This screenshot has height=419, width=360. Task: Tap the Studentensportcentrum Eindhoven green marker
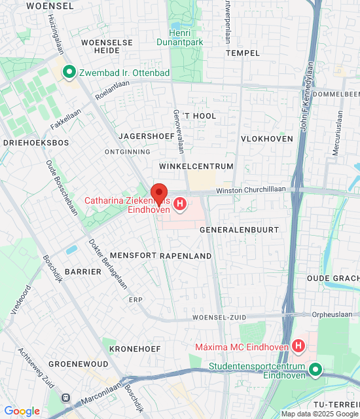315,370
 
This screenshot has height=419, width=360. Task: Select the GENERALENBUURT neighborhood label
239,230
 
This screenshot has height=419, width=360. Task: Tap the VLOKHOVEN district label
266,139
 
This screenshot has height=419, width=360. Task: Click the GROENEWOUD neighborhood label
78,363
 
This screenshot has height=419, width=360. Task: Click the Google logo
22,411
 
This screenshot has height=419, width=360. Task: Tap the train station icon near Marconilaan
65,397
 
